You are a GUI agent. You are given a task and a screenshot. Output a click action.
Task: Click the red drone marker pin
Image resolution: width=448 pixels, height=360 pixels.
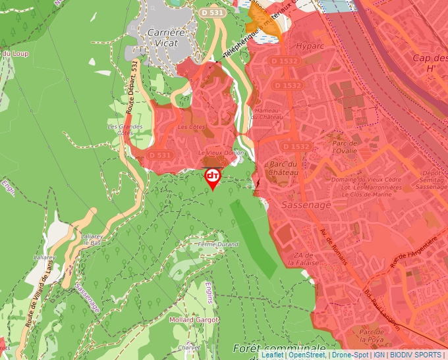pyautogui.click(x=213, y=178)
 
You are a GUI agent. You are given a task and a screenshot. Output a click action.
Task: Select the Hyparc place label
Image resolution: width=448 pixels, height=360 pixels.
pyautogui.click(x=310, y=48)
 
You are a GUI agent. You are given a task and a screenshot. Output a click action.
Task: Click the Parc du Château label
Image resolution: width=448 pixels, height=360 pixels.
pyautogui.click(x=281, y=168)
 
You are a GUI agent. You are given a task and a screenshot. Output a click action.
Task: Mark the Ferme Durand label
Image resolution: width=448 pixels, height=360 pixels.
pyautogui.click(x=218, y=244)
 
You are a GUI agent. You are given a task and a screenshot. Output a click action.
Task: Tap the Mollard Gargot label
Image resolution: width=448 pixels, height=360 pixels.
pyautogui.click(x=194, y=320)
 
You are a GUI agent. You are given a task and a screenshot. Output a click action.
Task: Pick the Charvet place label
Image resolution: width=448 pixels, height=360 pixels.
pyautogui.click(x=188, y=347)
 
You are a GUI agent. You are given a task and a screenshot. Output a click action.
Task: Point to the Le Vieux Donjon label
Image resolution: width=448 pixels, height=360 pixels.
pyautogui.click(x=216, y=152)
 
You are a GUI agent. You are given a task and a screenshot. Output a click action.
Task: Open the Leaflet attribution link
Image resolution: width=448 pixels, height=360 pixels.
pyautogui.click(x=273, y=355)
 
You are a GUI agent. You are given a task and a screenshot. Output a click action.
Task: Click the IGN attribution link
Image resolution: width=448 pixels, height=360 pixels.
pyautogui.click(x=379, y=355)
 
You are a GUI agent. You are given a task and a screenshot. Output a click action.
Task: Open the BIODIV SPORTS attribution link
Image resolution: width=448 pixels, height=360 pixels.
pyautogui.click(x=416, y=355)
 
